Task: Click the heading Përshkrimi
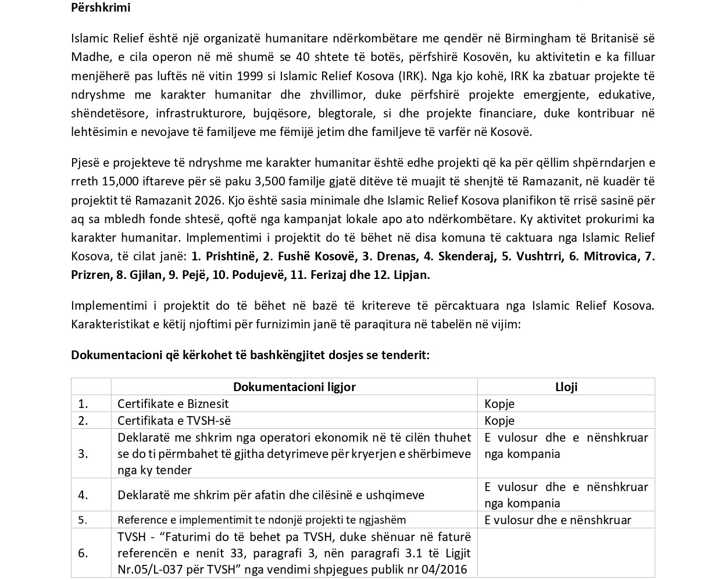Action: click(x=101, y=8)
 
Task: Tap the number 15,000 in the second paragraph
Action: click(x=120, y=181)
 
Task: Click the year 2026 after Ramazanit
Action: click(x=208, y=200)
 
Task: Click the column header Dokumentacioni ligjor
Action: click(x=294, y=387)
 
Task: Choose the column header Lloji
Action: click(x=566, y=387)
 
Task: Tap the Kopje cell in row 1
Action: click(x=499, y=404)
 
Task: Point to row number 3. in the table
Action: click(x=83, y=453)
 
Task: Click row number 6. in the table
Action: click(x=83, y=553)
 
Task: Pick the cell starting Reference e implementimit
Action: click(x=262, y=520)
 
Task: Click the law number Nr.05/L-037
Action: click(x=151, y=569)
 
